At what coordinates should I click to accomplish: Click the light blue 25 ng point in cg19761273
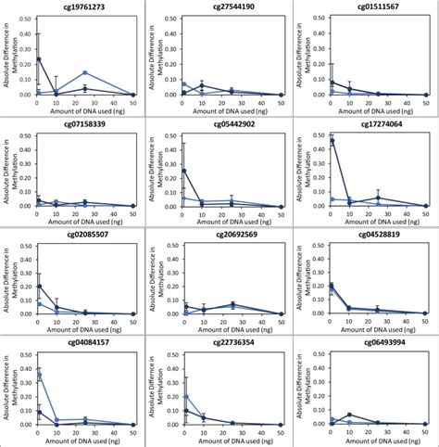(x=85, y=73)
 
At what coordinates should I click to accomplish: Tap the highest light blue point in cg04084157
(x=39, y=376)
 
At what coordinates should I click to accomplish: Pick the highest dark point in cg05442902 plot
(x=184, y=171)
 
